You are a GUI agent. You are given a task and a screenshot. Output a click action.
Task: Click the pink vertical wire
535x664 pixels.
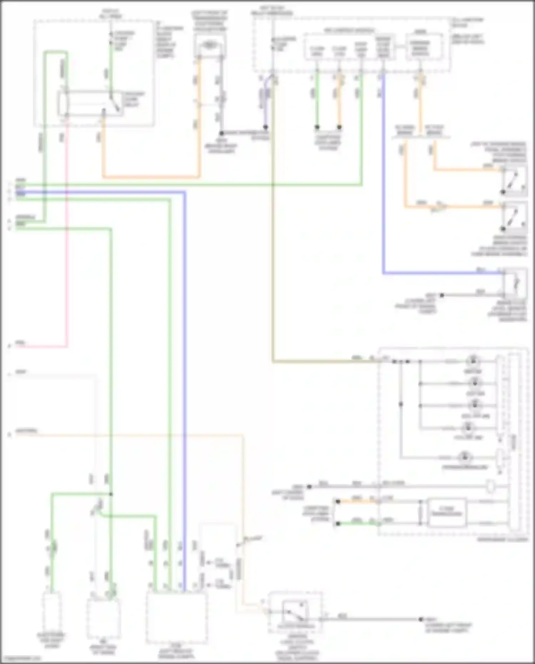tap(66, 250)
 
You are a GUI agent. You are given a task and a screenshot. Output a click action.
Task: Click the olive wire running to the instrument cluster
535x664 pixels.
tap(273, 250)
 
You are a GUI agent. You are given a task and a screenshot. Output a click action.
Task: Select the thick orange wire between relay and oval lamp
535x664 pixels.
tap(150, 177)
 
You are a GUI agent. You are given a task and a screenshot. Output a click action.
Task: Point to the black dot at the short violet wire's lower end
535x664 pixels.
tap(265, 127)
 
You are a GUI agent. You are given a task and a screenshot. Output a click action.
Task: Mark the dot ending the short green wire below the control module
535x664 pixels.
tap(317, 127)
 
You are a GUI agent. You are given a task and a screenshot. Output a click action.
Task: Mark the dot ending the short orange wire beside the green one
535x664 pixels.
tap(339, 127)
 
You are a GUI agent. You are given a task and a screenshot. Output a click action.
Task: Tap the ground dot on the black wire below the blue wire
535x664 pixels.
tap(442, 295)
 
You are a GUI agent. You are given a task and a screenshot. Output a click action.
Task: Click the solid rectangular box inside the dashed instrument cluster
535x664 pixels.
tap(446, 513)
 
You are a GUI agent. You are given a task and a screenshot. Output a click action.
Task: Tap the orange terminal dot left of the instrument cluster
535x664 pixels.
tap(338, 501)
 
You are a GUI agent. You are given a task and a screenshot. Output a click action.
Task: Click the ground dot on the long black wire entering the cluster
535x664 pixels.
tap(310, 486)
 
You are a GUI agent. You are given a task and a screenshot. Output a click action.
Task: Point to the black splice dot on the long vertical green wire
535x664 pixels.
tap(111, 494)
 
